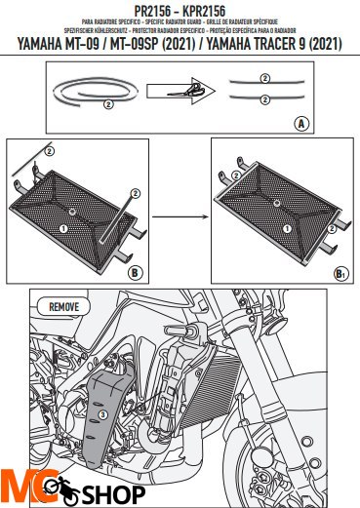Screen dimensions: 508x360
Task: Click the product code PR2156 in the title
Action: pos(146,8)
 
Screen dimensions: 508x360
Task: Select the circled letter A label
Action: pos(301,125)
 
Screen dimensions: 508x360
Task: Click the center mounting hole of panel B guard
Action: pos(74,211)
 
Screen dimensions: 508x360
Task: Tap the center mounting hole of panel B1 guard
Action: pos(277,207)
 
